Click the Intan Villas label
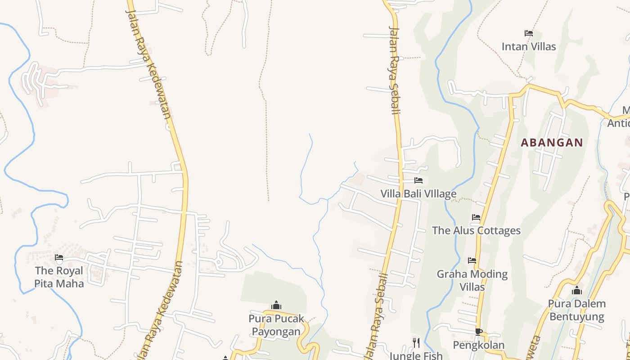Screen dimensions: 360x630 click(529, 46)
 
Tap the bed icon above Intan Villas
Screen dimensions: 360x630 click(529, 33)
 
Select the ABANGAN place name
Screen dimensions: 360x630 click(552, 143)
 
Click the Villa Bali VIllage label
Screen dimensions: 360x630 click(418, 194)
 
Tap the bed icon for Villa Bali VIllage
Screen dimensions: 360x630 click(418, 180)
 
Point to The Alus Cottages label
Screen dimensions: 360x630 click(476, 230)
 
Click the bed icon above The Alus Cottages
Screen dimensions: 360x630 click(476, 217)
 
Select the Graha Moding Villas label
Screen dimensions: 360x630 click(472, 280)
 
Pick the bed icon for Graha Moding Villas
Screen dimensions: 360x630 click(472, 261)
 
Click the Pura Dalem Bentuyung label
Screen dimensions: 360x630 click(576, 310)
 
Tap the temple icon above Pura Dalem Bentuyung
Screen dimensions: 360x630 click(576, 291)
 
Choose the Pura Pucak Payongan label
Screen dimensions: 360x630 click(276, 325)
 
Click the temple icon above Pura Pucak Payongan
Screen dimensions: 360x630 click(276, 306)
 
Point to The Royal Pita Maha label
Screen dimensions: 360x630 click(59, 277)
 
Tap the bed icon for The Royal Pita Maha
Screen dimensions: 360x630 click(59, 257)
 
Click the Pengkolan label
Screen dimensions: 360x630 click(478, 345)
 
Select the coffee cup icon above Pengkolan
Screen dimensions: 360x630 click(478, 332)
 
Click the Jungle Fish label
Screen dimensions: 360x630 click(416, 355)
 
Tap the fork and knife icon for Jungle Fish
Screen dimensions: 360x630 click(416, 343)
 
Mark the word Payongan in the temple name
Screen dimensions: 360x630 click(276, 332)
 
